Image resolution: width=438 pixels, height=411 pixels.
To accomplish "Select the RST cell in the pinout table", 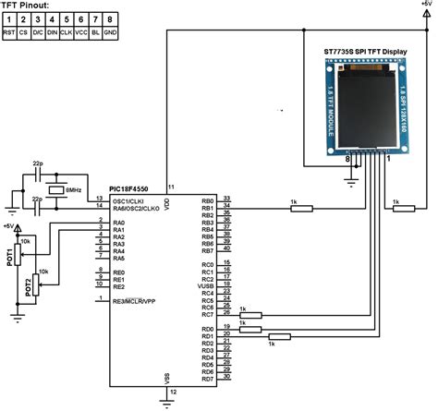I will (7, 30).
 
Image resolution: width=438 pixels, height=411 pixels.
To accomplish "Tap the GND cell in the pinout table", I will (110, 30).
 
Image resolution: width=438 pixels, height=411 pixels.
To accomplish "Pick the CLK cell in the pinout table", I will (67, 30).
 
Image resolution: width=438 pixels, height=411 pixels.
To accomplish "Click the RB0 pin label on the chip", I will (207, 199).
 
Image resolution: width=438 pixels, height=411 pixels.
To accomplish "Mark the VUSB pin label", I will (206, 285).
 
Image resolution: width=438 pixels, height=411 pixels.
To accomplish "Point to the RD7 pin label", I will (207, 379).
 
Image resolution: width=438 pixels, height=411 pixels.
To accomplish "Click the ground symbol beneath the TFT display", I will (351, 180).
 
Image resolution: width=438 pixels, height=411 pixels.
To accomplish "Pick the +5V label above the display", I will (424, 5).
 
